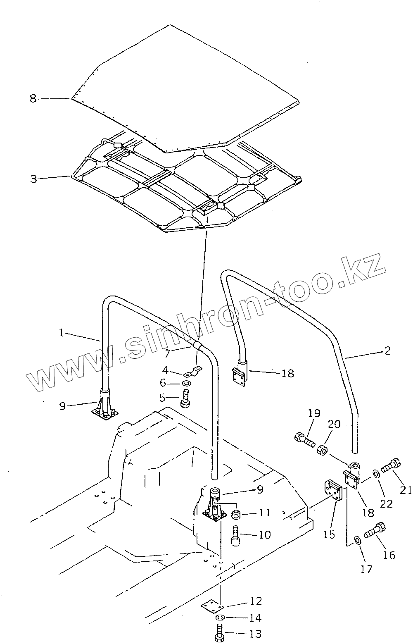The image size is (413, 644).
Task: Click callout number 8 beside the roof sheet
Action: coord(33,99)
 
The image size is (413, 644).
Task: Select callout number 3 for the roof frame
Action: coord(33,179)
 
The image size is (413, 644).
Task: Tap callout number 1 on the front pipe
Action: coord(62,332)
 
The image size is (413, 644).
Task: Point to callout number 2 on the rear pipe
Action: coord(387,351)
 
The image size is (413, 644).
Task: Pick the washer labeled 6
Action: coord(186,384)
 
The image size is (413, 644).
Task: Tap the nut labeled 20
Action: coord(322,449)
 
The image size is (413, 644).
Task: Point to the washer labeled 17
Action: coord(357,540)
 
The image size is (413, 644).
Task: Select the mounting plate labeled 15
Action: coord(333,491)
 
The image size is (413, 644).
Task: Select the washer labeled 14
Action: coord(220,618)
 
